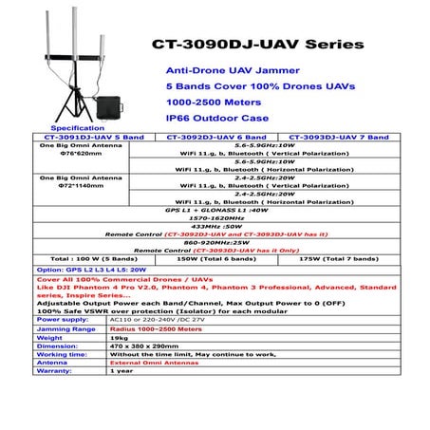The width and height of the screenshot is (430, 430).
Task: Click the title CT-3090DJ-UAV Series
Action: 255,45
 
